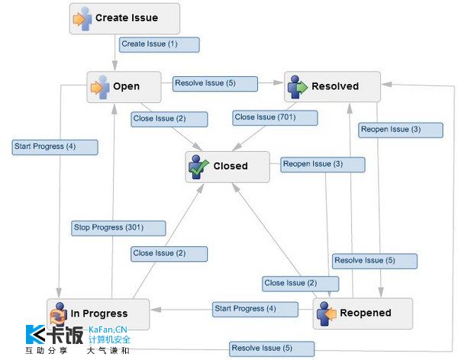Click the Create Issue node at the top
pos(124,18)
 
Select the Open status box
pos(124,86)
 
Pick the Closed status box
pos(227,166)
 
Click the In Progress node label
pos(99,313)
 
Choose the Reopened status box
pos(363,313)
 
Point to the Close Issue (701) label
pos(264,117)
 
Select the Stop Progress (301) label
pos(108,227)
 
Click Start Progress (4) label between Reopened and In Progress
pos(244,309)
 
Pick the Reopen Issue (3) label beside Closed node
pos(312,164)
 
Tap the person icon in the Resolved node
pos(297,87)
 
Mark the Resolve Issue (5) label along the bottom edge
pos(261,348)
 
